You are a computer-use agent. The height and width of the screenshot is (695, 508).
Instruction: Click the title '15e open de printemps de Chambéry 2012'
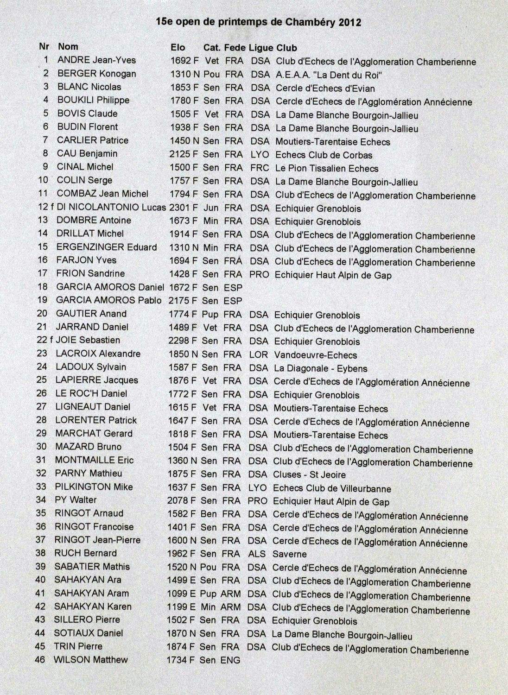(259, 22)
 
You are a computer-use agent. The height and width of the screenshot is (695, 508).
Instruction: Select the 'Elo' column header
(178, 47)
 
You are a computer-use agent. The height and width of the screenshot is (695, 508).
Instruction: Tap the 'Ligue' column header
(261, 48)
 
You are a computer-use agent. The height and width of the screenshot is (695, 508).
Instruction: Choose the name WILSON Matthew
(90, 659)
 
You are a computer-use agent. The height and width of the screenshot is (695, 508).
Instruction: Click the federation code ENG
(230, 660)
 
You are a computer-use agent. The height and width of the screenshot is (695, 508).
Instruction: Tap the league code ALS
(257, 554)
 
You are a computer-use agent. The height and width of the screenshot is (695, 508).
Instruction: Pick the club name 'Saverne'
(289, 554)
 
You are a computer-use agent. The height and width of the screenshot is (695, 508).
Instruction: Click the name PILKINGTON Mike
(94, 486)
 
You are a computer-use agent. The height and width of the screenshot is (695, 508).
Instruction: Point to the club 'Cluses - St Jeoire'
(309, 474)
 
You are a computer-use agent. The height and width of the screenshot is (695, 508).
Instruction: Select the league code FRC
(260, 168)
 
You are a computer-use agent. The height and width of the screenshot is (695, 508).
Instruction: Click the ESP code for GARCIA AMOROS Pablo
(233, 301)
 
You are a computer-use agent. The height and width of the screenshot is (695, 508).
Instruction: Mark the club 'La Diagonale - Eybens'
(320, 369)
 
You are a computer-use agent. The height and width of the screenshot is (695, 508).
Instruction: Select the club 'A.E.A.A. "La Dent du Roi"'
(329, 75)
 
